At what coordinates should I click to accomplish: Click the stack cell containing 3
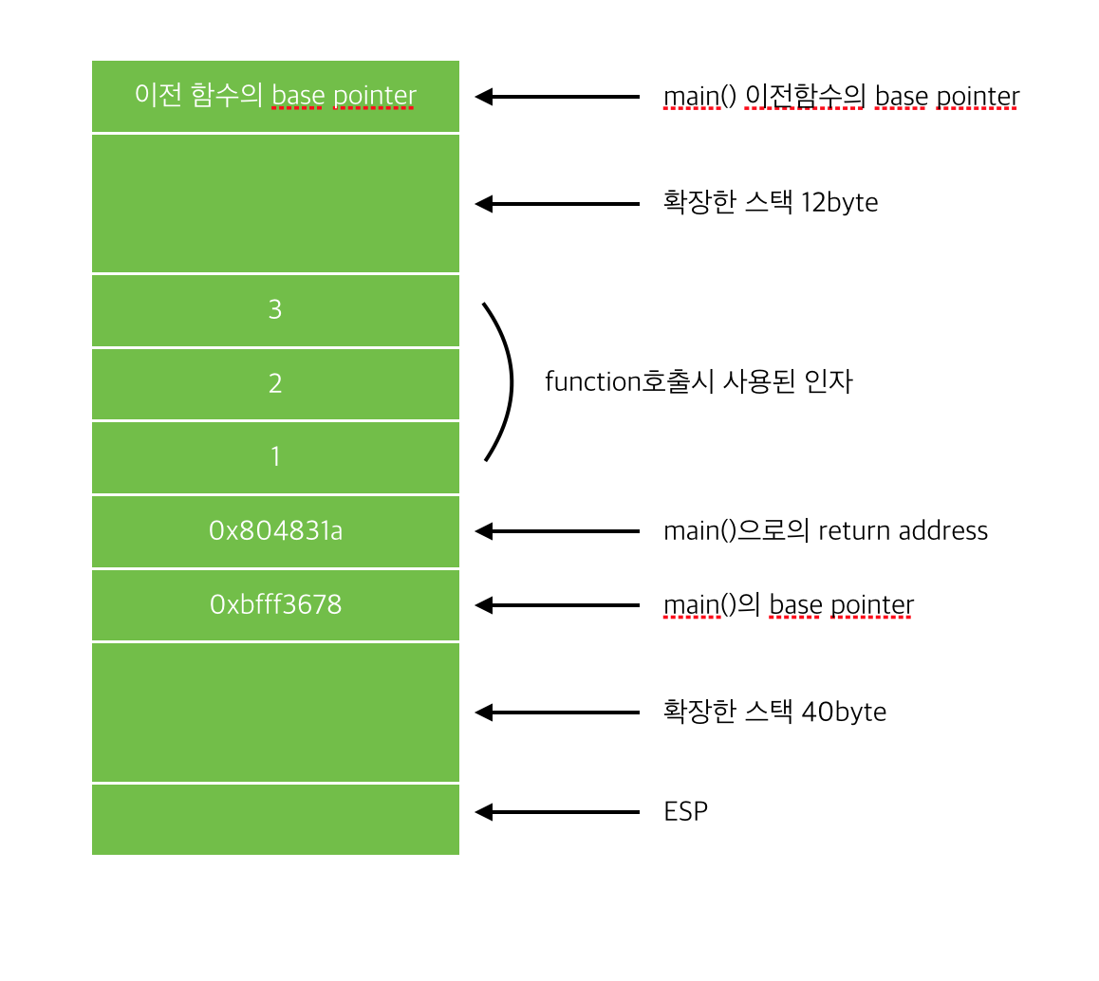275,310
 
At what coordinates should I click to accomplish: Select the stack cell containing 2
275,384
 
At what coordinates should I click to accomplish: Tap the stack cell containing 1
275,457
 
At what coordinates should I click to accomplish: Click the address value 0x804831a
275,531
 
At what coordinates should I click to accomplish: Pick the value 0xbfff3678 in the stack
275,605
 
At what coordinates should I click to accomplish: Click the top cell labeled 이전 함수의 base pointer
275,96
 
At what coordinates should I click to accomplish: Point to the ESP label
685,812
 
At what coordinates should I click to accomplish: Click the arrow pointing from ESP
557,812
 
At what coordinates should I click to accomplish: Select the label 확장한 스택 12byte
770,203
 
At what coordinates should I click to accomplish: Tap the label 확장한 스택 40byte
774,712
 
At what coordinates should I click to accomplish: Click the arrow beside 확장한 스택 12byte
557,203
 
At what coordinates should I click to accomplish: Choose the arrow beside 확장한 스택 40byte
557,713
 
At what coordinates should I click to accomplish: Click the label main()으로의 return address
825,531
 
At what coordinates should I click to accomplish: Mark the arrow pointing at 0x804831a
557,531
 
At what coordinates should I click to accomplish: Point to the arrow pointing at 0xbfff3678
557,605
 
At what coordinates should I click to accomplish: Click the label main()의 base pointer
788,605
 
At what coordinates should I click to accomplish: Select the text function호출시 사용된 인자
699,382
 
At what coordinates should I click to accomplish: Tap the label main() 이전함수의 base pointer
841,97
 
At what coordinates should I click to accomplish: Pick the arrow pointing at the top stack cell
557,96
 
